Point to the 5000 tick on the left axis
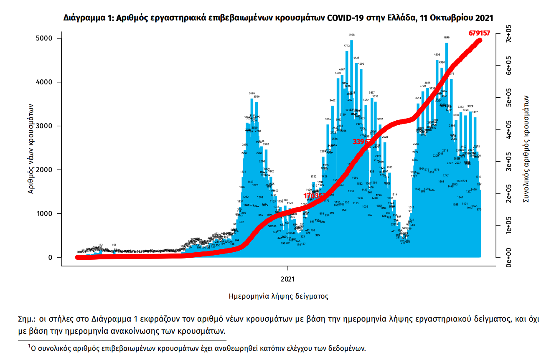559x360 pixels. click(x=44, y=39)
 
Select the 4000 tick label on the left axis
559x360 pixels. click(x=44, y=82)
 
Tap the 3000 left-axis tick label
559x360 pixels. click(x=44, y=126)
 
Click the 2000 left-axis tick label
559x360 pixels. click(x=44, y=170)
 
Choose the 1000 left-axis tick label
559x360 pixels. click(x=44, y=214)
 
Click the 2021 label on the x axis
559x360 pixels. click(x=288, y=278)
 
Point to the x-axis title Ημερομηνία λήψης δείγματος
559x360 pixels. click(x=279, y=297)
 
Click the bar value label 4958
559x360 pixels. click(x=351, y=35)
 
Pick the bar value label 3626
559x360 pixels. click(x=252, y=94)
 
